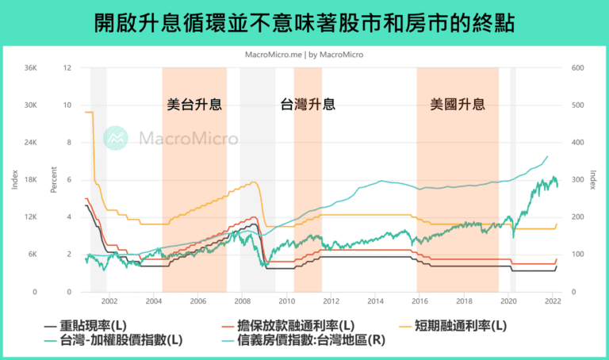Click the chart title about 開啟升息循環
(x=304, y=22)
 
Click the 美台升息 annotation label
(x=194, y=104)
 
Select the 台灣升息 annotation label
(x=308, y=104)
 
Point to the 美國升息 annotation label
(x=458, y=104)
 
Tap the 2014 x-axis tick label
(x=376, y=301)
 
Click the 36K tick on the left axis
(x=30, y=68)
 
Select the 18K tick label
(x=30, y=180)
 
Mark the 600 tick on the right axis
(x=578, y=68)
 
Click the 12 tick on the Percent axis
(x=67, y=68)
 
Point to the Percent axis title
(x=54, y=180)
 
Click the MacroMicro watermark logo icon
(x=117, y=138)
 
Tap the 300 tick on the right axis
(x=578, y=180)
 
